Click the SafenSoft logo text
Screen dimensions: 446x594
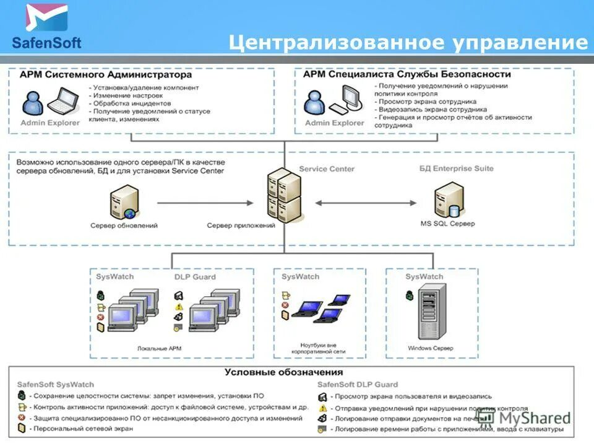point(46,43)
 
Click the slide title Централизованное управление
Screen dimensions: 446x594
point(408,42)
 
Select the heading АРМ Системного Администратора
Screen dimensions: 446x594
point(106,74)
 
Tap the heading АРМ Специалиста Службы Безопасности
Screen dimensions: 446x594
point(407,74)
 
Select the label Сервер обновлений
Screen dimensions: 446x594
point(124,226)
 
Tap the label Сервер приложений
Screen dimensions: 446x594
point(241,226)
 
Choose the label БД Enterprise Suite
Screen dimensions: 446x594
point(457,168)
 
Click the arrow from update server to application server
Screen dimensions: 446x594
point(205,203)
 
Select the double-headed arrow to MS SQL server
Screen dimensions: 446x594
point(366,203)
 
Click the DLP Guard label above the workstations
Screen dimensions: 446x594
point(195,277)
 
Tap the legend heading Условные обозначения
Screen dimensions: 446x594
point(283,372)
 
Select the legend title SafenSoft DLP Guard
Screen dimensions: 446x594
point(358,384)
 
